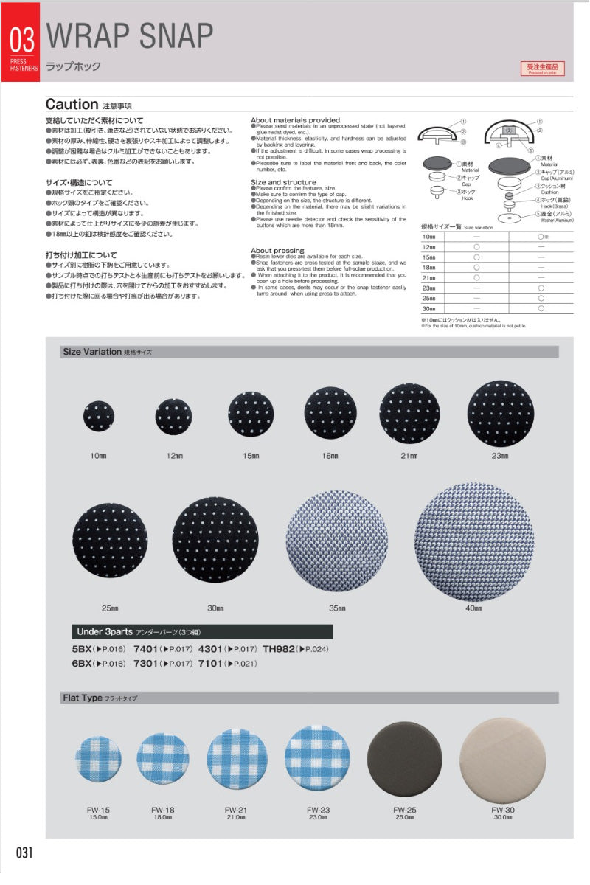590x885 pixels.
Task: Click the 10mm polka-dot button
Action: [x=99, y=417]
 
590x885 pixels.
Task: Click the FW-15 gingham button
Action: [x=98, y=760]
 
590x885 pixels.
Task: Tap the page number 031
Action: [x=24, y=853]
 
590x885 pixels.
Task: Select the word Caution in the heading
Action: [x=72, y=105]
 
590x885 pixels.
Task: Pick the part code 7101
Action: [x=212, y=664]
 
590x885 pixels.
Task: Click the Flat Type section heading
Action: [x=83, y=698]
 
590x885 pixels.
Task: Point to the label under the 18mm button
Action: [x=329, y=456]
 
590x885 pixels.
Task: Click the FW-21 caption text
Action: [x=236, y=810]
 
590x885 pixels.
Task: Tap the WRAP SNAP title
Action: [x=130, y=34]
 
